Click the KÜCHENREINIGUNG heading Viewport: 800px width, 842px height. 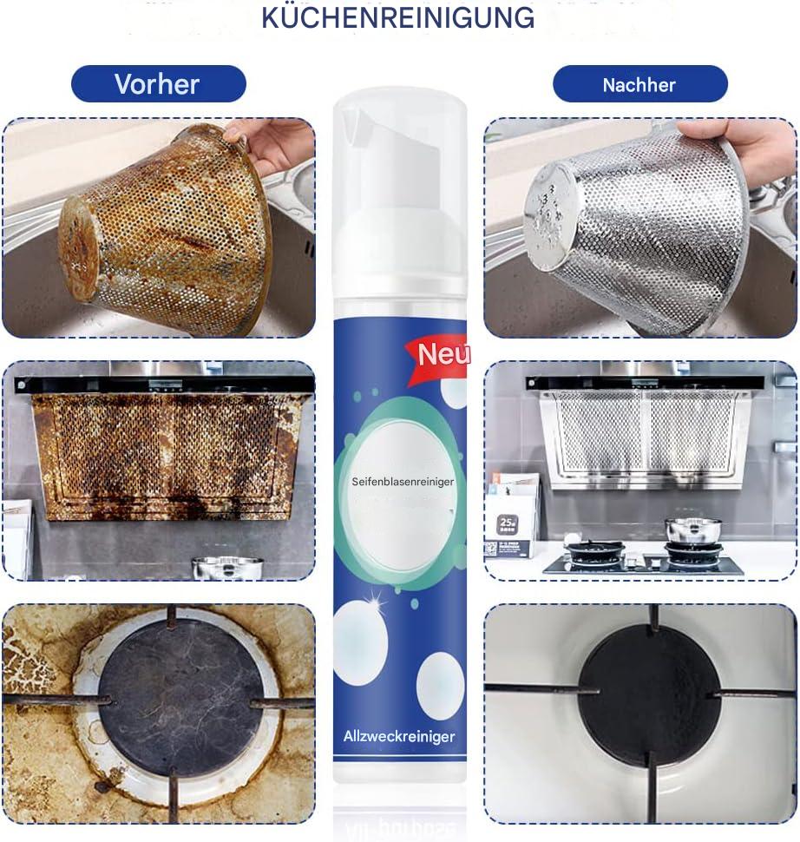point(398,18)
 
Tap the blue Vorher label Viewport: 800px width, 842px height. point(157,84)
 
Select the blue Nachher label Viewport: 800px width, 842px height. point(639,84)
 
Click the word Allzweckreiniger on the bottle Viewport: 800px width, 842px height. point(398,737)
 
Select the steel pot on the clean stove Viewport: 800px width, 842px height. point(692,529)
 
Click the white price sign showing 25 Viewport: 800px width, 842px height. point(507,524)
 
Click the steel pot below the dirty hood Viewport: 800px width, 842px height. point(227,569)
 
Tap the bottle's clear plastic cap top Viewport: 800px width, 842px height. point(400,109)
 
